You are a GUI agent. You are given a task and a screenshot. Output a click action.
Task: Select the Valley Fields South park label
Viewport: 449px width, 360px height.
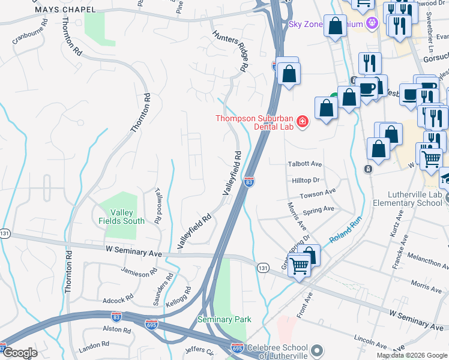click(x=122, y=217)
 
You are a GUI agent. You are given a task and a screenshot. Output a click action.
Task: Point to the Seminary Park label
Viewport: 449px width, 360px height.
click(x=224, y=320)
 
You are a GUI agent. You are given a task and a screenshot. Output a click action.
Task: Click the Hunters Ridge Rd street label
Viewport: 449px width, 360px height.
click(x=229, y=50)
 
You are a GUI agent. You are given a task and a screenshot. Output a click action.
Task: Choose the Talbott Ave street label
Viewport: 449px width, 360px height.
click(x=304, y=164)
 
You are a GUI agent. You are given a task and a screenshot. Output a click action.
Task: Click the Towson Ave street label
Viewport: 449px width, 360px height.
click(x=318, y=194)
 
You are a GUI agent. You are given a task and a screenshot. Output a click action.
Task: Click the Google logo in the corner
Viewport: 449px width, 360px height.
click(x=20, y=353)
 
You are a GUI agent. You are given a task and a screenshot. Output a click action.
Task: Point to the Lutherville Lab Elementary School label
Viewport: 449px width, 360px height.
click(x=406, y=199)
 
